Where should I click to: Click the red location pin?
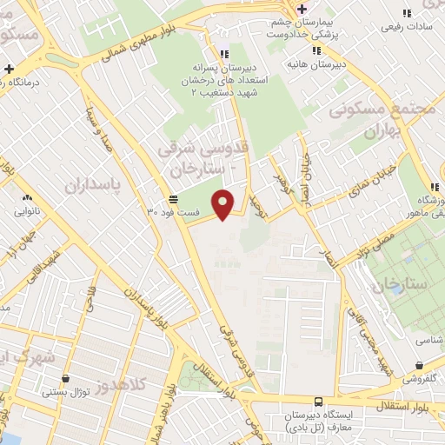coord(224,203)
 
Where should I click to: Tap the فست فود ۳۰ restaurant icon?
coord(175,198)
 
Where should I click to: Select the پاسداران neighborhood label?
coord(89,183)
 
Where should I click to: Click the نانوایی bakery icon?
coord(27,197)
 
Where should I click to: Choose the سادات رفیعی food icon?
coord(406,13)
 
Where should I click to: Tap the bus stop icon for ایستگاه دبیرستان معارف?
coord(318,402)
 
